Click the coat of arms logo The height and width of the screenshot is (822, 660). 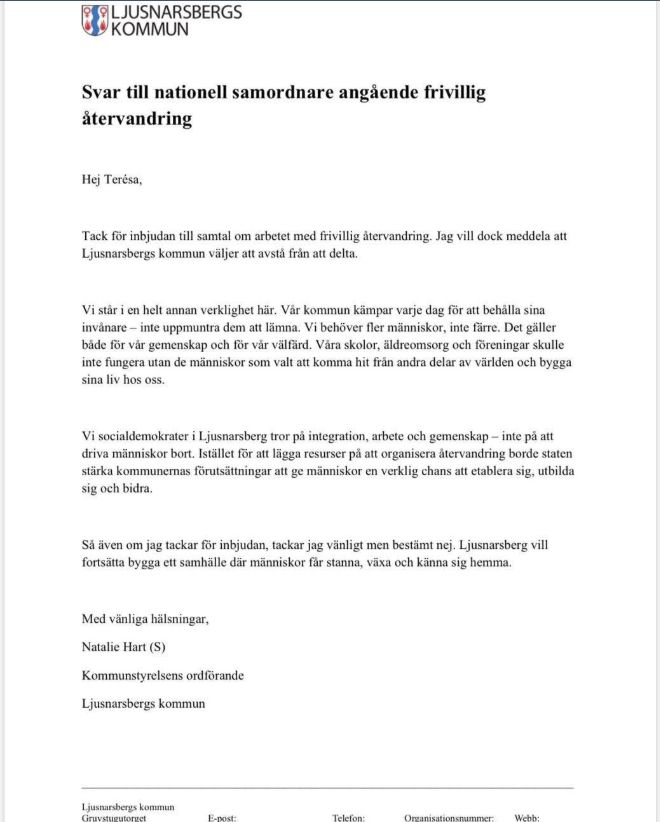pos(94,20)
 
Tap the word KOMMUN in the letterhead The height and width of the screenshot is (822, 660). pos(149,29)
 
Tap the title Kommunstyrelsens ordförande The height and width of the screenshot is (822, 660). pos(163,675)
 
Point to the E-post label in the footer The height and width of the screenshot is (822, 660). pos(222,817)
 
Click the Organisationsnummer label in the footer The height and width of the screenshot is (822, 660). pos(449,817)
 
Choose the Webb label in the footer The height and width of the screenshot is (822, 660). pos(528,817)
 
